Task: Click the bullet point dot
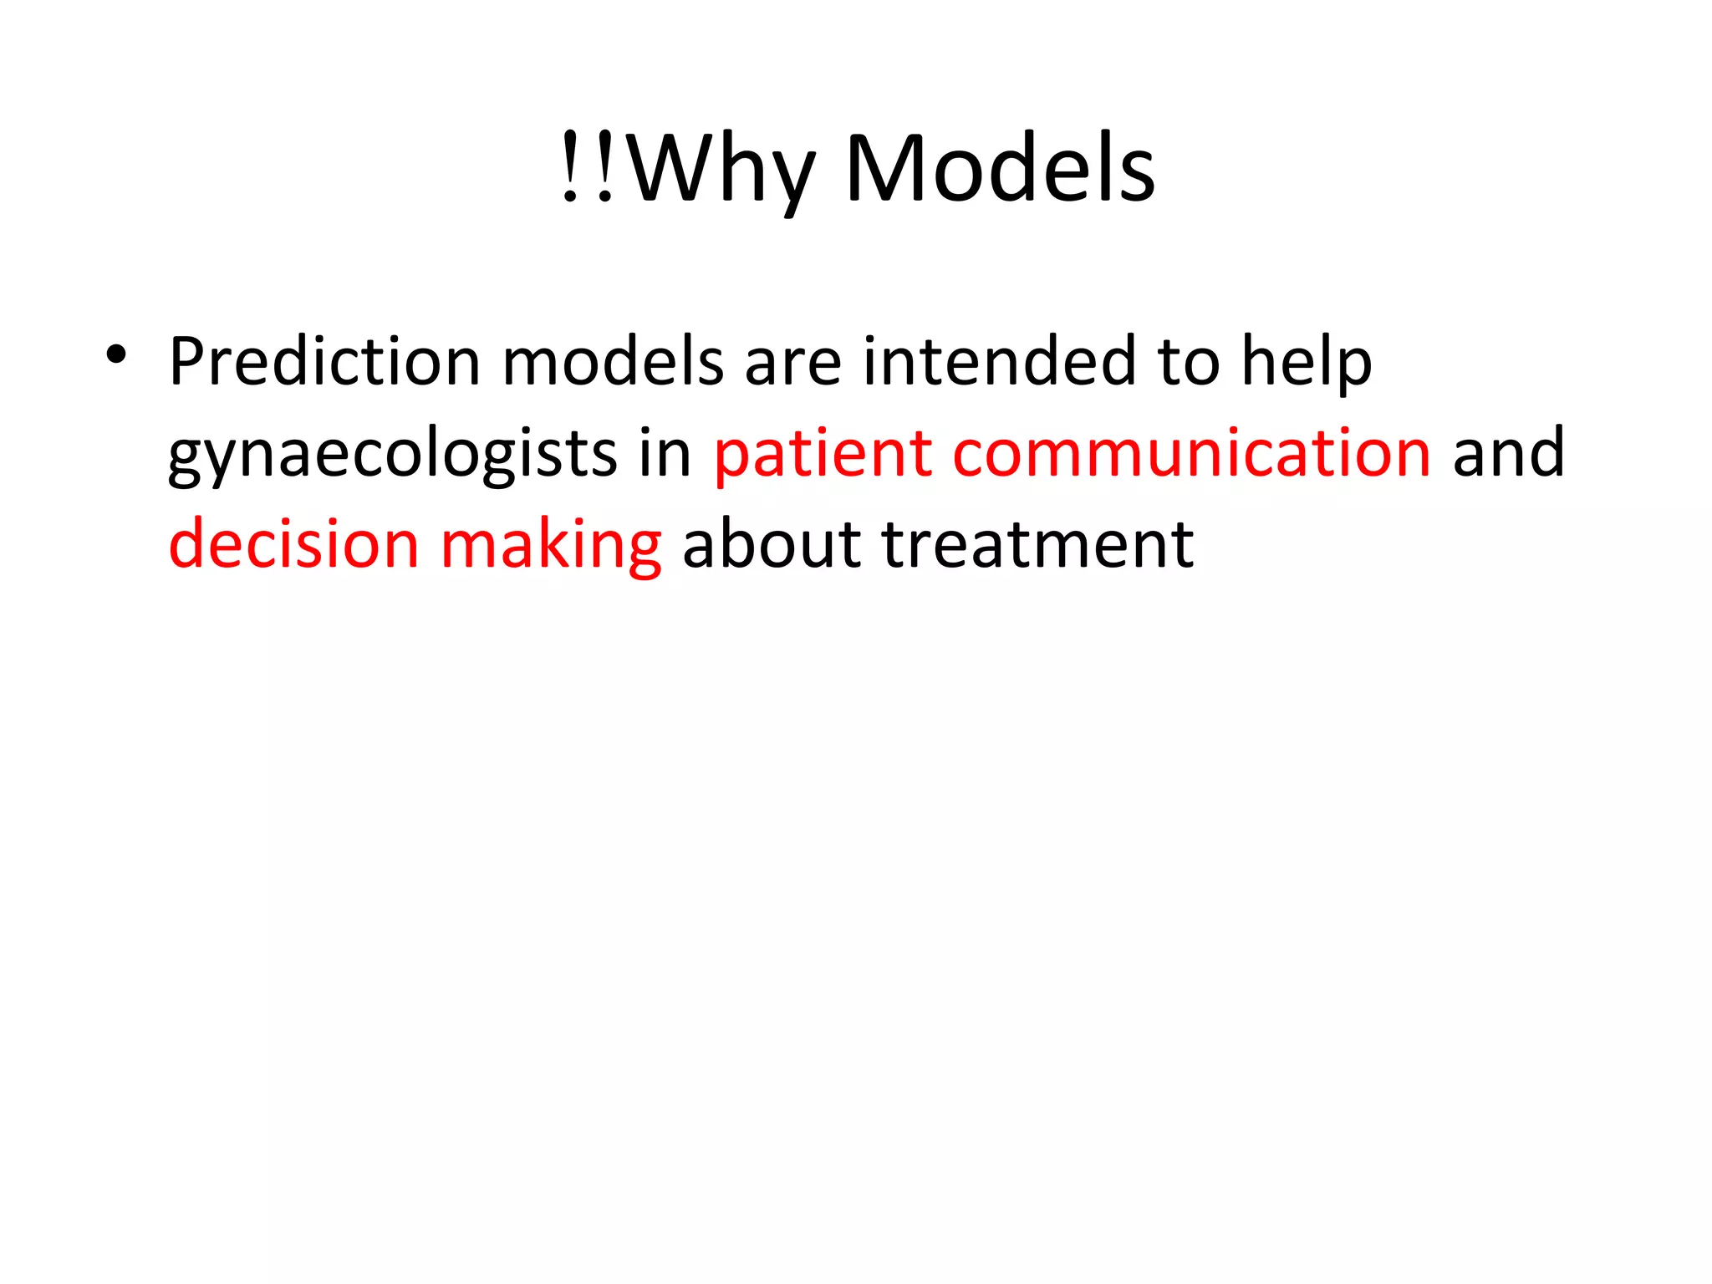point(116,356)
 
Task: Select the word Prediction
point(324,363)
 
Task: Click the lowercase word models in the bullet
point(612,363)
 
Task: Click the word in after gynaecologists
point(665,454)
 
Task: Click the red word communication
point(1191,454)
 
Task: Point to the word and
point(1508,454)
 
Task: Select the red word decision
point(293,545)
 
